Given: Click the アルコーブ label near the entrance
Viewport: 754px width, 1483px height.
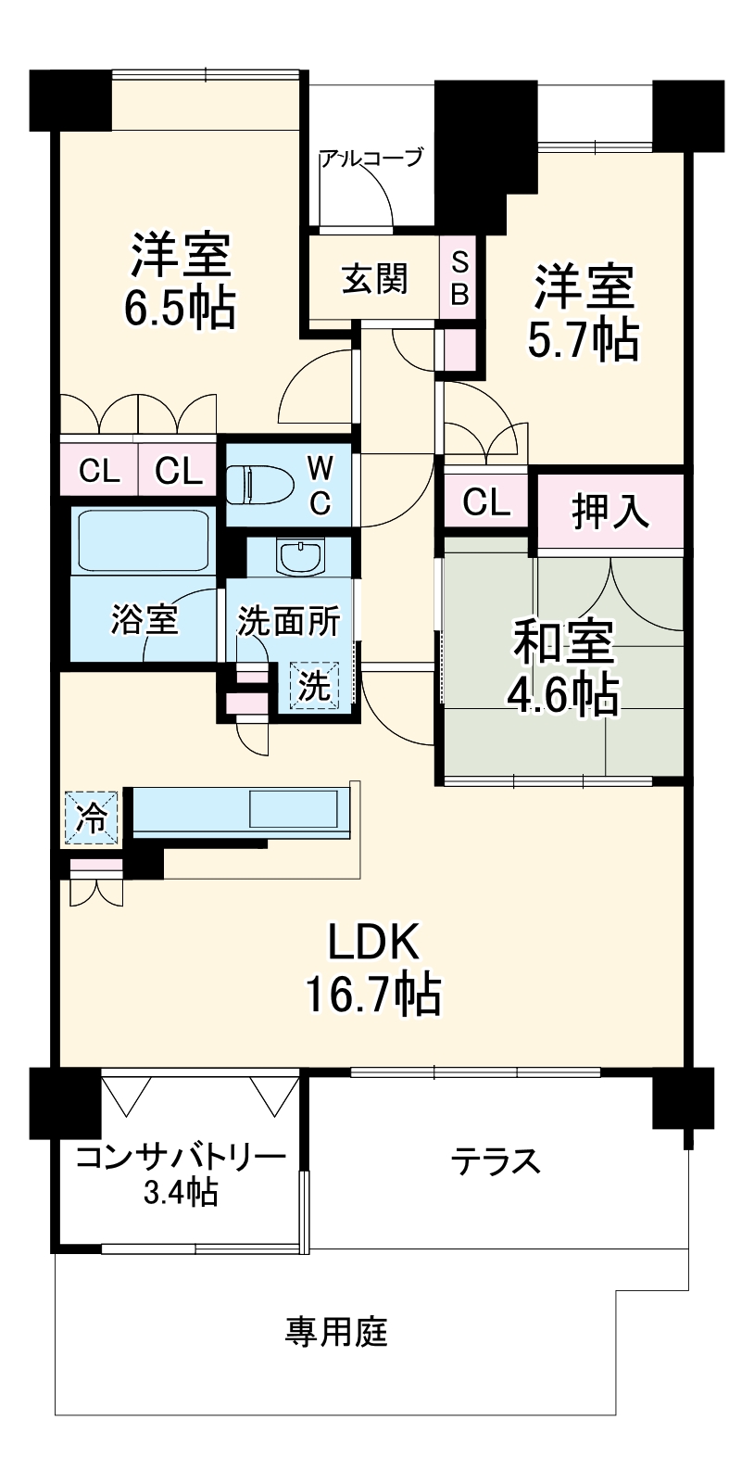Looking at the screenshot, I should click(x=371, y=158).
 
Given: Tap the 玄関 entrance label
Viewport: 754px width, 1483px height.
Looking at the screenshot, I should click(x=374, y=278).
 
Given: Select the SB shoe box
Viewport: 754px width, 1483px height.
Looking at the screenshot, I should click(x=459, y=278).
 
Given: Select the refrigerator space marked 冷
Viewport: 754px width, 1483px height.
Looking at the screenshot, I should click(x=92, y=818).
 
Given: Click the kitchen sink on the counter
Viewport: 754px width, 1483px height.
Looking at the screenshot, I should click(x=294, y=808).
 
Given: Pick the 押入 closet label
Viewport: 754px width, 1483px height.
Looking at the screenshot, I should click(x=609, y=512).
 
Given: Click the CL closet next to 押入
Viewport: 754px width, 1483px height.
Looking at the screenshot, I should click(x=485, y=503).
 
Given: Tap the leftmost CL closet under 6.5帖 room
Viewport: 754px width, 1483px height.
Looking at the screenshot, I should click(x=99, y=471).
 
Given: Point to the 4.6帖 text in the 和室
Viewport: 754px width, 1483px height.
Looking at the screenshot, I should click(x=561, y=693).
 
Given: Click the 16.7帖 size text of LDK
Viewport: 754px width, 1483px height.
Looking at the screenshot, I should click(x=373, y=995).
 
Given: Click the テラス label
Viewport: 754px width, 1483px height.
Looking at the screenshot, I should click(x=496, y=1160).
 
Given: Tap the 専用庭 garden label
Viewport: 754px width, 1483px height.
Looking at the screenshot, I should click(x=336, y=1333).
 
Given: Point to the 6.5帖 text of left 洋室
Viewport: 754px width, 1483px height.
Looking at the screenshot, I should click(x=180, y=309).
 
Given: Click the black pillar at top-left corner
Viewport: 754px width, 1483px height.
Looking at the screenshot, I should click(x=70, y=99).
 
